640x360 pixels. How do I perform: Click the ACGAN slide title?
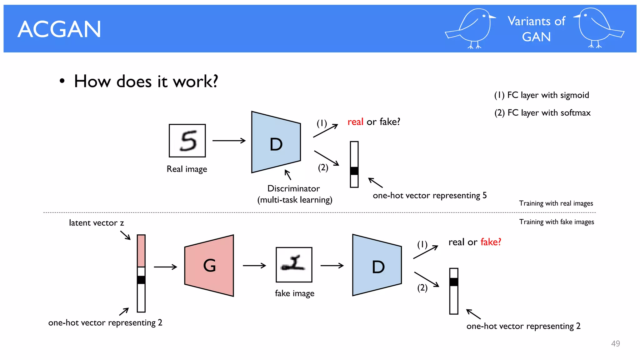[59, 29]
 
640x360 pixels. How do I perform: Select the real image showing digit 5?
[187, 141]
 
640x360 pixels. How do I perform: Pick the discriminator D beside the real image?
[276, 142]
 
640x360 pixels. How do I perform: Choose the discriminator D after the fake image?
[377, 265]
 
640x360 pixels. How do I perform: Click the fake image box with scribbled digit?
[294, 265]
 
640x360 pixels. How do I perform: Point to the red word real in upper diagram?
[355, 122]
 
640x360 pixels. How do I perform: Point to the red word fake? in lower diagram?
[491, 242]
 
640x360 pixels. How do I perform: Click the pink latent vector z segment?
[141, 251]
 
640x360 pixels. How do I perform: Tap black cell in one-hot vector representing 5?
[354, 171]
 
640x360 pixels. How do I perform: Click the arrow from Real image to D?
[229, 141]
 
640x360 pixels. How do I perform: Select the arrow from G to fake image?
[254, 266]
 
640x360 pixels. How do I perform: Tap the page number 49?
[615, 343]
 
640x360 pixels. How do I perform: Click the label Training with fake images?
[557, 222]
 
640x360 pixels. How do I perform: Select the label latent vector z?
[96, 223]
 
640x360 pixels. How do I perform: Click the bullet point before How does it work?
[62, 81]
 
